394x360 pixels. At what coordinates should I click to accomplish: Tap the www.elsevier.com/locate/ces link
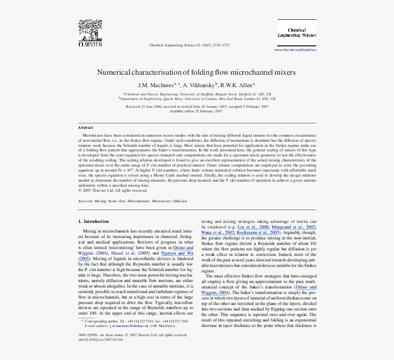[x=295, y=50]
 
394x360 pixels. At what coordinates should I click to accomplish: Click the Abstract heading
[x=85, y=127]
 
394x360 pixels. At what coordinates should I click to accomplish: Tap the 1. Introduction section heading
[x=93, y=222]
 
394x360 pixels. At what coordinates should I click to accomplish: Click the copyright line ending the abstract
[x=106, y=190]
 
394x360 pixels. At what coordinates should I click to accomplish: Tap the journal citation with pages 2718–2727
[x=190, y=45]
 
